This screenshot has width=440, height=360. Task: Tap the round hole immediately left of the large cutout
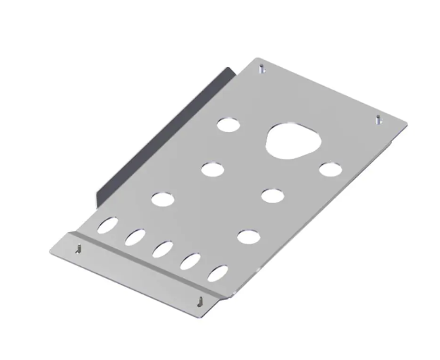tap(228, 126)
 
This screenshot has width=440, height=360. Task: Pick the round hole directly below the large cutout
tap(272, 195)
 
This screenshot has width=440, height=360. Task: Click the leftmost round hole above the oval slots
tap(161, 199)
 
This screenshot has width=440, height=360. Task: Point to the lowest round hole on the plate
tap(247, 236)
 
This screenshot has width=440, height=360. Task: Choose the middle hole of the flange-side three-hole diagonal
tap(212, 169)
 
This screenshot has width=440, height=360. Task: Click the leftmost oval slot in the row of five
tap(109, 226)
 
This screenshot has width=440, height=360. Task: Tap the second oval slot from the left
tap(135, 237)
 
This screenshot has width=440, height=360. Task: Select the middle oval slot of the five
tap(163, 249)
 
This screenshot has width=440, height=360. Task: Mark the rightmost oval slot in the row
tap(218, 273)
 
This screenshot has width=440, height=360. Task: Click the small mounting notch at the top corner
tap(262, 69)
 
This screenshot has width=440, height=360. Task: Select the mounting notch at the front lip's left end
tap(78, 248)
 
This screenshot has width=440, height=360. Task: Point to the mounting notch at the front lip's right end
tap(202, 300)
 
